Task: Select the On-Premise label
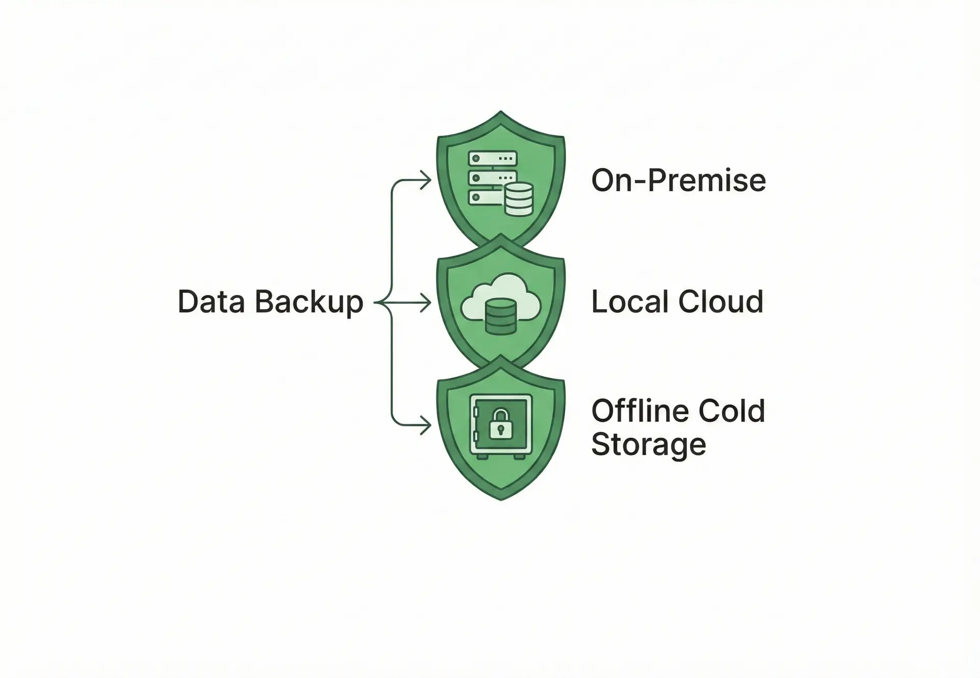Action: click(x=678, y=180)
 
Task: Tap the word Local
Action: click(x=629, y=302)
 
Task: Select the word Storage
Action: click(x=648, y=444)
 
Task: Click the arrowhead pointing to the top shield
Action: click(x=426, y=180)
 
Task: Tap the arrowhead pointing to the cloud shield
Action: click(x=426, y=303)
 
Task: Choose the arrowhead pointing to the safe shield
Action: click(x=426, y=425)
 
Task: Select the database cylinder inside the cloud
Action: click(x=500, y=317)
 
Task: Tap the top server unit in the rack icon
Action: click(x=493, y=158)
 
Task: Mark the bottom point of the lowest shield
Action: click(x=501, y=499)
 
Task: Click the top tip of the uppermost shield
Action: click(x=501, y=112)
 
